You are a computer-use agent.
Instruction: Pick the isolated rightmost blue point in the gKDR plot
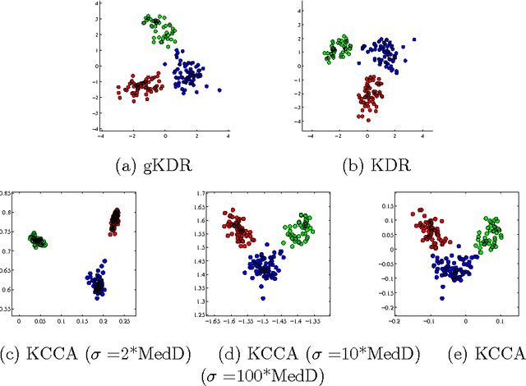(219, 90)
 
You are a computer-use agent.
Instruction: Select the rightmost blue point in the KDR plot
(414, 39)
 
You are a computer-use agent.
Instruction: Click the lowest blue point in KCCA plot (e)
(442, 299)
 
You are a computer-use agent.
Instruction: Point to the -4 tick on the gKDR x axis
(101, 138)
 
